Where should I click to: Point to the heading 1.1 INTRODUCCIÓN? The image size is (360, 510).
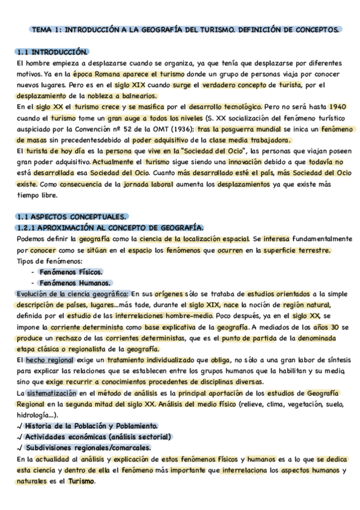(x=53, y=52)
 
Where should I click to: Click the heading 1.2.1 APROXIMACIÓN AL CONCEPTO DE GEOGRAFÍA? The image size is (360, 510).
(x=111, y=227)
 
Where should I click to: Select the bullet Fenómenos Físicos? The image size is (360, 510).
(x=70, y=271)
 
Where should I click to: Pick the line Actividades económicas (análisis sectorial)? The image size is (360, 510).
(x=99, y=437)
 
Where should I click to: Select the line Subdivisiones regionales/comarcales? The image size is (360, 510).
(x=88, y=447)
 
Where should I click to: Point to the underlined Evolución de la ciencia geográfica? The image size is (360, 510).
(x=73, y=293)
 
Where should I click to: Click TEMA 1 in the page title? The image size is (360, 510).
(x=45, y=29)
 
